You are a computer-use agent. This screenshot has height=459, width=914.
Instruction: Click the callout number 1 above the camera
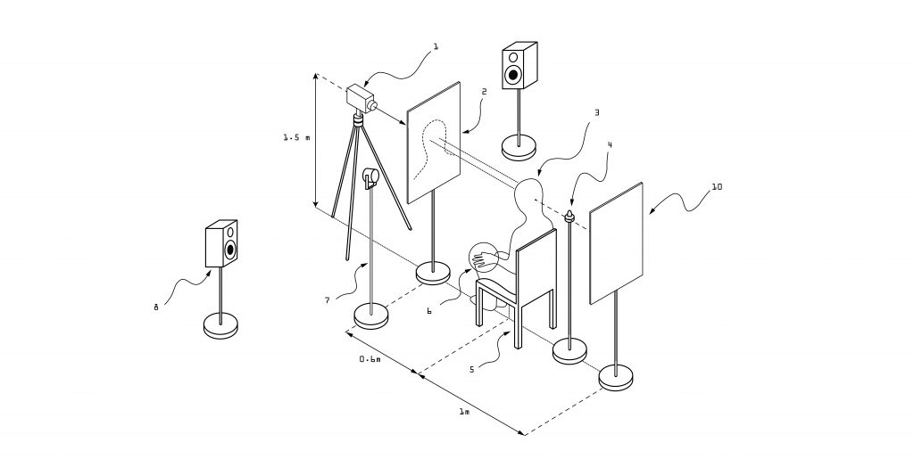(435, 47)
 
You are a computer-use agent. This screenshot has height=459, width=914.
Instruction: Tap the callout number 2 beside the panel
(484, 91)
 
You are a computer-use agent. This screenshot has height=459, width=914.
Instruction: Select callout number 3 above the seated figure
(596, 113)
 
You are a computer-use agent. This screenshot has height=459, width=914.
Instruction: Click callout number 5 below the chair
(472, 369)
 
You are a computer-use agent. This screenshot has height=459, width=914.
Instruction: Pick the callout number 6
(429, 311)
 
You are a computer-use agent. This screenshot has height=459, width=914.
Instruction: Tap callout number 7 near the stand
(328, 300)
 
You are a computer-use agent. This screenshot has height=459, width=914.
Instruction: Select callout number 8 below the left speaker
(155, 307)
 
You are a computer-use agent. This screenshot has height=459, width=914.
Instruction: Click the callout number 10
(717, 187)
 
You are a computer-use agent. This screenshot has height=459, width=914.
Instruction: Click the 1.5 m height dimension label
(296, 138)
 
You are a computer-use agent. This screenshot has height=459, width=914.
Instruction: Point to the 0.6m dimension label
(370, 359)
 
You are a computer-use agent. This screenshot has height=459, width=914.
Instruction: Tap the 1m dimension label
(464, 411)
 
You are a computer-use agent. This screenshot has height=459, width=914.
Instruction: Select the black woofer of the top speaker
(513, 74)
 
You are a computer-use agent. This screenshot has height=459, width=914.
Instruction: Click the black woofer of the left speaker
(230, 250)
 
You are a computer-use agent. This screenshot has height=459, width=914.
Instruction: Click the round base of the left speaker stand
(220, 324)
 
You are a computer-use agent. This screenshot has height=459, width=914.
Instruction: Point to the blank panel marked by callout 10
(617, 242)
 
